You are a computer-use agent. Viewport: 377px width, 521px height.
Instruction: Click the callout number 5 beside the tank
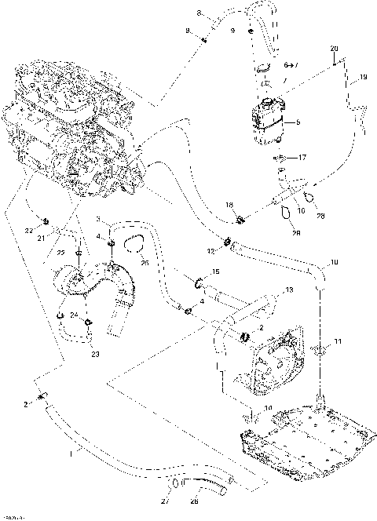297,122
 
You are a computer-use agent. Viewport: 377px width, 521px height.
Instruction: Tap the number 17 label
302,157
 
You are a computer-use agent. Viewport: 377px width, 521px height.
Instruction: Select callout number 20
335,49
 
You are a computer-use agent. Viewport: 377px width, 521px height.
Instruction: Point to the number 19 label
363,78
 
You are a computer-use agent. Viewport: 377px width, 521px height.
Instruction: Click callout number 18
229,205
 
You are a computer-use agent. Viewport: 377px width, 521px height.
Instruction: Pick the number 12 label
210,251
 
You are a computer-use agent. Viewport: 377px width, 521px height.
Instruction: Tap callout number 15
217,271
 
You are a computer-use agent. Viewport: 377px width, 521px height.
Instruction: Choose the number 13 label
289,290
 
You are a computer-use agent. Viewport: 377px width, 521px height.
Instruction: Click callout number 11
339,342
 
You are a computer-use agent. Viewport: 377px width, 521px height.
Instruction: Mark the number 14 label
268,409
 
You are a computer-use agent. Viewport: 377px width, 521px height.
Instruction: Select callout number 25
145,264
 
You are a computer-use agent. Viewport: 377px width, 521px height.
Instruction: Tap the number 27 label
166,500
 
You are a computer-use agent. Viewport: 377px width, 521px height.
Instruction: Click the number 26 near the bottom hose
194,500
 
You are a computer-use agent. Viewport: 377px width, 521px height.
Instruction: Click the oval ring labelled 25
134,246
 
